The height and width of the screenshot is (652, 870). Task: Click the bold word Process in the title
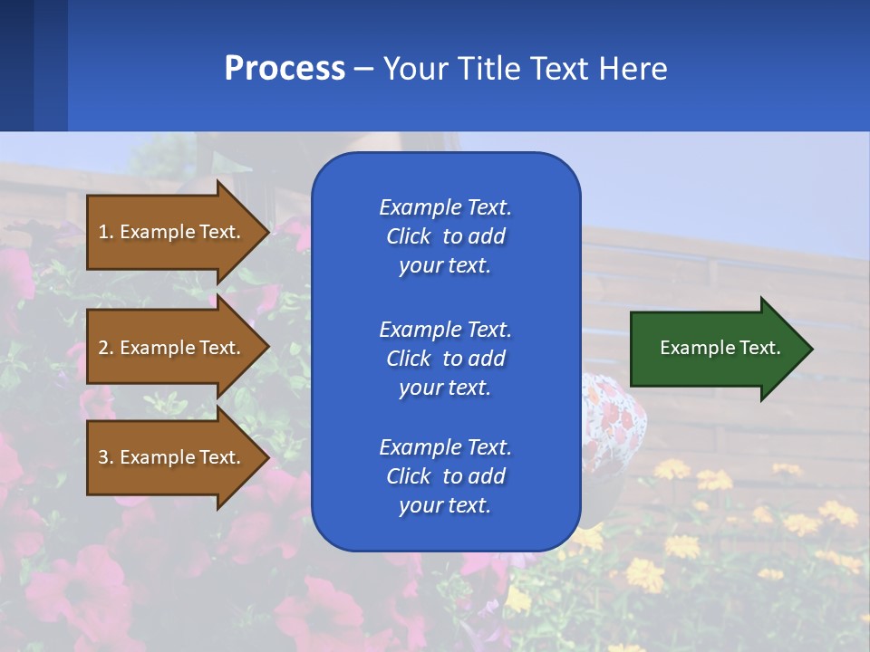coord(285,69)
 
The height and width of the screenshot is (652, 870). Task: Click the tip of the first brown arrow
coord(266,232)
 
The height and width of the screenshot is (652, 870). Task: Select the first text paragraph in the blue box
coord(445,236)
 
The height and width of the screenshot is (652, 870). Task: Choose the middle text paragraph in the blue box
coord(445,359)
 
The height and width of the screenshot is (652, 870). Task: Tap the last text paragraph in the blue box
coord(445,476)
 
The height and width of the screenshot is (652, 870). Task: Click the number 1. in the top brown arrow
coord(106,232)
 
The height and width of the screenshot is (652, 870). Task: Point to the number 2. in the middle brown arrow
coord(106,348)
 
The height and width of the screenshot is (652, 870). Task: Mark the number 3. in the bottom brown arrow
coord(106,457)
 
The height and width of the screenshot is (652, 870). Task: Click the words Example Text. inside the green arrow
coord(720,348)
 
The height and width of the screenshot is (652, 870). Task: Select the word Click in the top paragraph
coord(408,236)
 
